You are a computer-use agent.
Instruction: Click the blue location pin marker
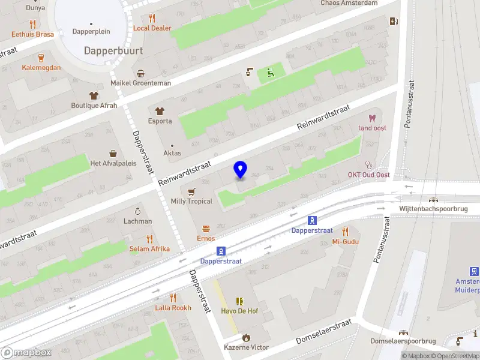[x=240, y=170]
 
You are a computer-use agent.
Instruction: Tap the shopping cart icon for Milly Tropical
[x=191, y=192]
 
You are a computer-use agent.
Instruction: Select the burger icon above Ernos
[x=206, y=229]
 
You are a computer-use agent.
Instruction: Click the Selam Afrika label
[x=149, y=248]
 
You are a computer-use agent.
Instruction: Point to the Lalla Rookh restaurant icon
[x=173, y=298]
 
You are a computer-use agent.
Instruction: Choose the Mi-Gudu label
[x=345, y=242]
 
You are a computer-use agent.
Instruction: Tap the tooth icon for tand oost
[x=372, y=118]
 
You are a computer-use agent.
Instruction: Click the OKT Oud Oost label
[x=368, y=175]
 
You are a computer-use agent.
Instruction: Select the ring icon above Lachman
[x=137, y=211]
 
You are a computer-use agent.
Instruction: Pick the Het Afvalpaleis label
[x=112, y=164]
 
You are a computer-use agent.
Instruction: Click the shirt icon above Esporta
[x=160, y=111]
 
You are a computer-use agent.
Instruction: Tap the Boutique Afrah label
[x=94, y=106]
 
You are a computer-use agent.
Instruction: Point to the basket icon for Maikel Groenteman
[x=140, y=73]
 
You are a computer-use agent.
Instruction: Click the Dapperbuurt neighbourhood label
[x=113, y=51]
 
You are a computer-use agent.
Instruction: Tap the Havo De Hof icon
[x=239, y=301]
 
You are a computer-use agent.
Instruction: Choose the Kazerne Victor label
[x=246, y=347]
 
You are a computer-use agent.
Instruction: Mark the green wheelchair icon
[x=270, y=73]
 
